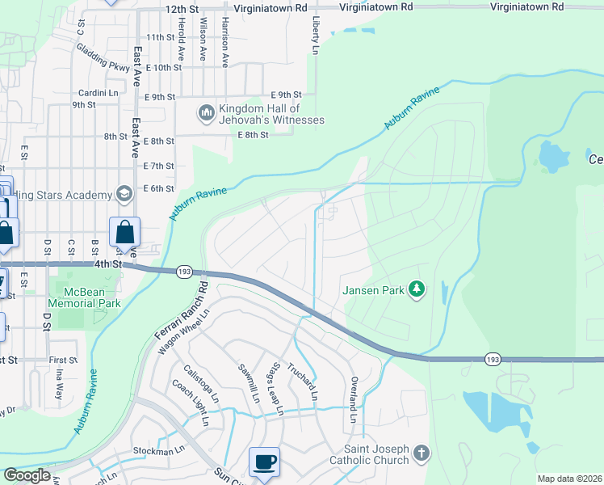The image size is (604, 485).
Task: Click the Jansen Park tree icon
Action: (417, 289)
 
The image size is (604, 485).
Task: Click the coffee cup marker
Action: (264, 462)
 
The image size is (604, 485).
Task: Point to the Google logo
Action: (27, 475)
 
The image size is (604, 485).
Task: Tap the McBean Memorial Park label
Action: (85, 297)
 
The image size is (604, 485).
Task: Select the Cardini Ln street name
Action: (98, 92)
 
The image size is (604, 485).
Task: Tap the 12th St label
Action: (181, 7)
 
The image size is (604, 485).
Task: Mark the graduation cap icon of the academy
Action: (124, 193)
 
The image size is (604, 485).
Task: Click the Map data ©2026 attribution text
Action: (569, 479)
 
